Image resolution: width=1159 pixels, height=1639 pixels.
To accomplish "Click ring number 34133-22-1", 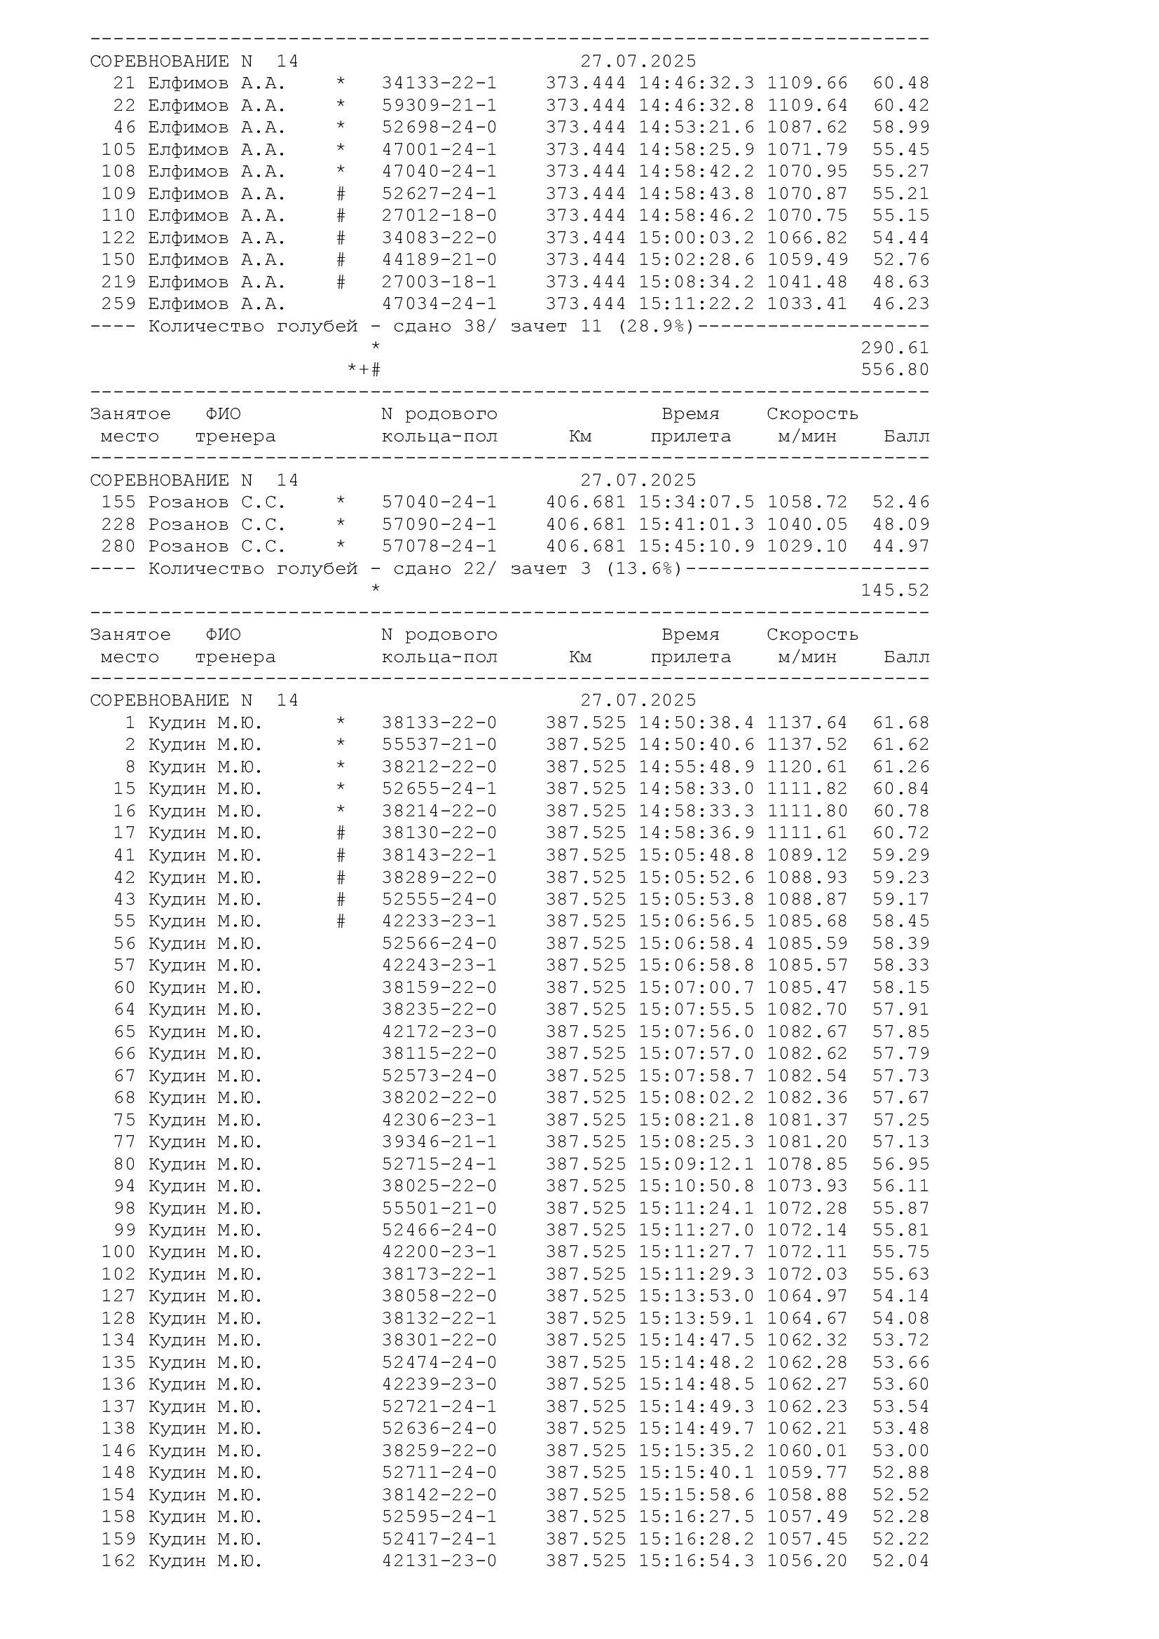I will (x=439, y=83).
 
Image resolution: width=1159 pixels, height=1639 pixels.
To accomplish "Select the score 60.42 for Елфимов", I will (x=900, y=106).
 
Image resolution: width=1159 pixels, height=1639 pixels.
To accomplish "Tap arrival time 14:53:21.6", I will (x=696, y=128).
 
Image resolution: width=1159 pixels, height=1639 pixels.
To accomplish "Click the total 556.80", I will (x=895, y=370).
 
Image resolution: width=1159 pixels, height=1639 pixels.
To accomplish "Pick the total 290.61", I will (x=895, y=348).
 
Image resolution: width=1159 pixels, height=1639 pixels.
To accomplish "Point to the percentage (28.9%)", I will (x=656, y=327).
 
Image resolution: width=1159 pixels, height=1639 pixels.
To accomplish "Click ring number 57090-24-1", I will (x=439, y=525).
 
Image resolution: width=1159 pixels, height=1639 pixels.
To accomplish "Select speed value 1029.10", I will (x=807, y=547).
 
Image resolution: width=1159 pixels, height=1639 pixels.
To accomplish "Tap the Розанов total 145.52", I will (x=895, y=590).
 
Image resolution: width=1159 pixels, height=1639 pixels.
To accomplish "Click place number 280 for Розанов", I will (x=118, y=547).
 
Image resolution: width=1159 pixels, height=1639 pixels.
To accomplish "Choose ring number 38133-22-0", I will (x=439, y=723).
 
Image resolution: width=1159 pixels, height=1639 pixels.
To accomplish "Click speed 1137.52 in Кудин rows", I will (x=807, y=746).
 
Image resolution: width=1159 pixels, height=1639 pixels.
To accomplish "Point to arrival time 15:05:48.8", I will (x=696, y=855).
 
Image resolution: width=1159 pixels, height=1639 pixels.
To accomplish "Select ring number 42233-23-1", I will (x=439, y=921).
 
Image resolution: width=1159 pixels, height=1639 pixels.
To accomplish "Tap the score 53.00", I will (x=900, y=1451).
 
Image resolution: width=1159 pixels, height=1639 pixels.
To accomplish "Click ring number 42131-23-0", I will (x=439, y=1561).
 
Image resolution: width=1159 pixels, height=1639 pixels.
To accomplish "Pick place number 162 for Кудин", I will (x=118, y=1561).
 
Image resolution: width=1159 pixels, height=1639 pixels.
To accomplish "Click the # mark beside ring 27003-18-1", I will (x=341, y=282).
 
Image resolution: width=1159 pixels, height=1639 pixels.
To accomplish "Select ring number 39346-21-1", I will (x=439, y=1142).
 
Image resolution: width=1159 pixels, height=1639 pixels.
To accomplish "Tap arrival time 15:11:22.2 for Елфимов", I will (x=696, y=304).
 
